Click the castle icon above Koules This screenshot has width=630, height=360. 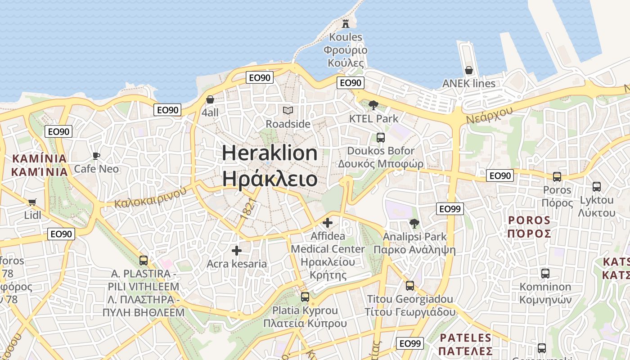coord(346,23)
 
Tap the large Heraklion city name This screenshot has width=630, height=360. coord(270,166)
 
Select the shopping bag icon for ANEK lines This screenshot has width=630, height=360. coord(468,70)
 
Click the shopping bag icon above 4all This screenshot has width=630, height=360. coord(210,99)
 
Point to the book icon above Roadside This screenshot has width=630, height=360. coord(288,110)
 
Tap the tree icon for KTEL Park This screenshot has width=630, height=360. coord(373,105)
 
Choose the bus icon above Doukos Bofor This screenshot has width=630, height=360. coord(381,137)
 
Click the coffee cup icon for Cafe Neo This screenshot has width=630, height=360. coord(96,156)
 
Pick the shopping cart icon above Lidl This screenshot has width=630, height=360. coord(32,202)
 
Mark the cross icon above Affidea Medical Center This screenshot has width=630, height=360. coord(328,222)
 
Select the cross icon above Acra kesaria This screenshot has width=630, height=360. coord(237,251)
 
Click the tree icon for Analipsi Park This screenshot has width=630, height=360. coord(414,223)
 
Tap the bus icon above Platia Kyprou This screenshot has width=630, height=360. coord(305,297)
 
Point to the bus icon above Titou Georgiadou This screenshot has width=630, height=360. coord(409,285)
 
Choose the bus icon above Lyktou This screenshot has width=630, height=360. coord(597,186)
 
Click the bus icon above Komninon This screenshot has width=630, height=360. coord(545,273)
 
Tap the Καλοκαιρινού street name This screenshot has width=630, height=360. coord(150,197)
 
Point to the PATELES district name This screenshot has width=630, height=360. coord(466,338)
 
